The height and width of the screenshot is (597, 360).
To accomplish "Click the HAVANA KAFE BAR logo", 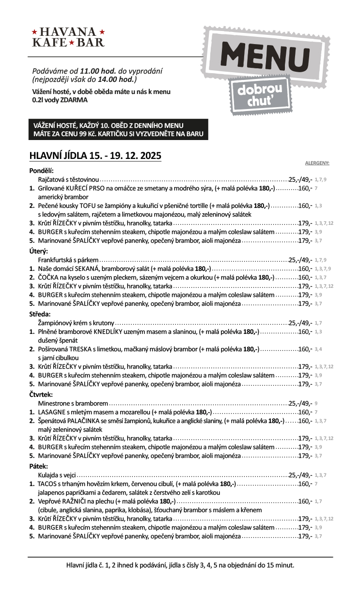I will (68, 37).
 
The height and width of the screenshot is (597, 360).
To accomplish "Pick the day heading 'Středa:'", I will (40, 314).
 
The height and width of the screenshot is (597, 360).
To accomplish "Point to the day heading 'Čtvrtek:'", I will (41, 394).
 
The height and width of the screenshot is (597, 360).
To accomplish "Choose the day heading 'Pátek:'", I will (39, 466).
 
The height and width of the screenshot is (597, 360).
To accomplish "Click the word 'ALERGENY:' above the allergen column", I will (317, 163).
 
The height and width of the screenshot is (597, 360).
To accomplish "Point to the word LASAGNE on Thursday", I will (51, 412).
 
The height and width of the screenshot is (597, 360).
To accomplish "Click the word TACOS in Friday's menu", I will (48, 484).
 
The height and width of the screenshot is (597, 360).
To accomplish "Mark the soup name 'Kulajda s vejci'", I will (57, 475).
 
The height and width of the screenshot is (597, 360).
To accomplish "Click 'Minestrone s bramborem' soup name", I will (73, 403).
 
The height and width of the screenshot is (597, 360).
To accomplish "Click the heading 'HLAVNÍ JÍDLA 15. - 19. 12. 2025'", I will (95, 156).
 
